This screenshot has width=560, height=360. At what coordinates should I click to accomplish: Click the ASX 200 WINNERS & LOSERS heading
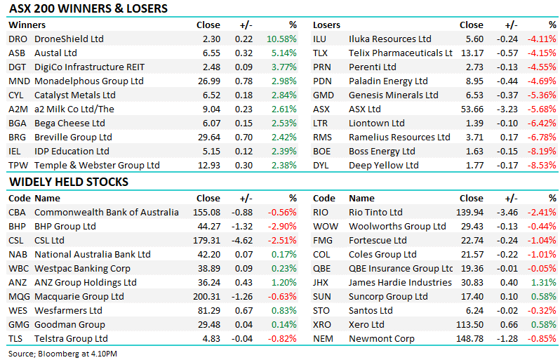tap(88, 9)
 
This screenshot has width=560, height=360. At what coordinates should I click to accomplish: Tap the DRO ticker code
tap(18, 39)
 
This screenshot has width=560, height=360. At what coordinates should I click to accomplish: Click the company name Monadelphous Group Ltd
tap(88, 81)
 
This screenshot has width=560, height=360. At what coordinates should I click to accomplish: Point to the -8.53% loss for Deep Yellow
tap(542, 166)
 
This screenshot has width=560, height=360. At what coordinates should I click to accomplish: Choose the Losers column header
tap(326, 25)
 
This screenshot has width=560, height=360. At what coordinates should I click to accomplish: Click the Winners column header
tap(27, 25)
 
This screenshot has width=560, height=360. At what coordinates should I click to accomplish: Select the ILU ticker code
tap(320, 39)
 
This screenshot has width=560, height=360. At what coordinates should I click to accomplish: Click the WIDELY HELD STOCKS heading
tap(68, 182)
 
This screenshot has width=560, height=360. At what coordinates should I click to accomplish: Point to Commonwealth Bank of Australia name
tap(106, 213)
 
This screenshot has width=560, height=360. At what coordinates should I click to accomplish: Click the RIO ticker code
tap(321, 213)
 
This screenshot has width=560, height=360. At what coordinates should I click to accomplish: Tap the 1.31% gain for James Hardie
tap(545, 283)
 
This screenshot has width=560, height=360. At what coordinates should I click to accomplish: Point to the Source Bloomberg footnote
tap(62, 352)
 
